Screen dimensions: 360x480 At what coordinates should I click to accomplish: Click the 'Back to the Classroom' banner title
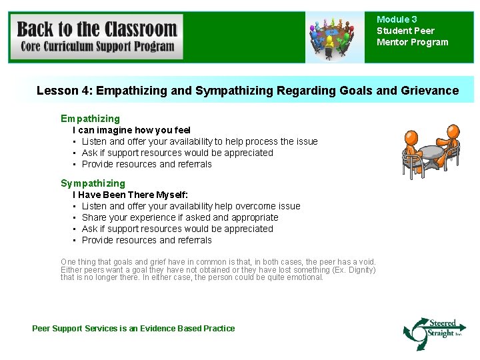[97, 29]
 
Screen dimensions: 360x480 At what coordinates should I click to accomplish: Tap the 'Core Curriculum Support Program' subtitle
[97, 46]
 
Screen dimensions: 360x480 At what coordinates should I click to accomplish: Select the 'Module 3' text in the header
[397, 20]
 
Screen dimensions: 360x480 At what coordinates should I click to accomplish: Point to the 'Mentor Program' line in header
[412, 42]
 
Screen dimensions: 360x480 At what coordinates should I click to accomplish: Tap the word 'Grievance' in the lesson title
[431, 90]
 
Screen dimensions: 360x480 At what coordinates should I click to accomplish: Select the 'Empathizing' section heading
[90, 119]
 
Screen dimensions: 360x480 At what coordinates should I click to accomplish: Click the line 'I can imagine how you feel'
[131, 130]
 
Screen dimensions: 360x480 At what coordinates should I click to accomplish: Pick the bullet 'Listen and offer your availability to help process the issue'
[199, 141]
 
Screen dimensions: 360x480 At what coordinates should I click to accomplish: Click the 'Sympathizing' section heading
[93, 183]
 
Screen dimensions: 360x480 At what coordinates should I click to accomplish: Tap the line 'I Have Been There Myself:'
[130, 195]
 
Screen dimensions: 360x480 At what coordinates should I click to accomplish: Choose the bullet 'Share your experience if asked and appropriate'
[180, 217]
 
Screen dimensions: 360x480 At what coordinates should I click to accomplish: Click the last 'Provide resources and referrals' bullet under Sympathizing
[147, 240]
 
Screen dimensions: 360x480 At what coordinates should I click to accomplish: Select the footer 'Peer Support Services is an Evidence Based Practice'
[133, 328]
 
